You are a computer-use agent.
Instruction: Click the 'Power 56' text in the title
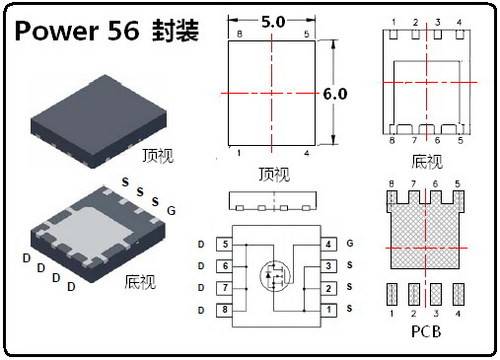point(76,30)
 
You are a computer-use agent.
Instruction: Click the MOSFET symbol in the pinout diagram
point(273,274)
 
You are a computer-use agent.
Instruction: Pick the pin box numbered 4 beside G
point(328,244)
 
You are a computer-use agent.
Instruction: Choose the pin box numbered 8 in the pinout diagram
point(226,310)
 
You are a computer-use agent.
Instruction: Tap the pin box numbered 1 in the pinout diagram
point(328,310)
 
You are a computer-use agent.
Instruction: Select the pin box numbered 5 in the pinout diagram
point(226,244)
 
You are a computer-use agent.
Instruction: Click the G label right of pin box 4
point(350,244)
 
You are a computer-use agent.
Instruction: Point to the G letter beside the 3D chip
point(171,211)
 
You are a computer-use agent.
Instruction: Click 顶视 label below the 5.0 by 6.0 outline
point(273,174)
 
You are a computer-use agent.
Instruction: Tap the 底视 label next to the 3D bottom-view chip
point(140,282)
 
